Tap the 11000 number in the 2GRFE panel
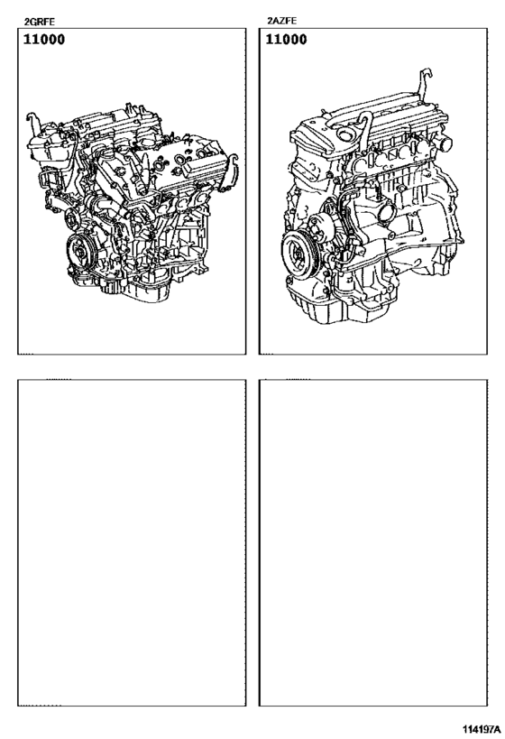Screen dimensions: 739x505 43,40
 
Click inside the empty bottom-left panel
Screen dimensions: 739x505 132,541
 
